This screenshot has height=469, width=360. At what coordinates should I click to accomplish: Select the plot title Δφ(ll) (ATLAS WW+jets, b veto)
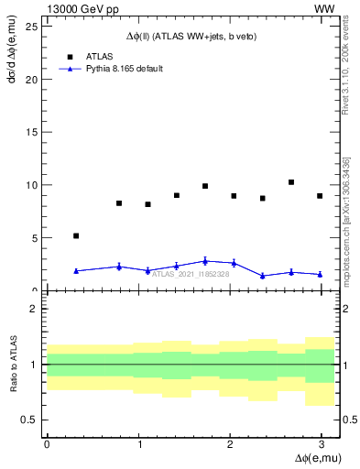click(191, 36)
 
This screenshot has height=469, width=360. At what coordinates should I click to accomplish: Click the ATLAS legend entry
click(98, 55)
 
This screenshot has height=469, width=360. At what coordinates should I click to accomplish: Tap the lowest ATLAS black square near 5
click(76, 235)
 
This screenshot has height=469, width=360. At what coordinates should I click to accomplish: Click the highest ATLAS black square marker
click(291, 182)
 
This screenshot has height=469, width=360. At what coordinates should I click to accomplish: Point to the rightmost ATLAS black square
click(320, 196)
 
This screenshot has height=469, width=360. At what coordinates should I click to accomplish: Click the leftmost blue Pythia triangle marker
click(76, 270)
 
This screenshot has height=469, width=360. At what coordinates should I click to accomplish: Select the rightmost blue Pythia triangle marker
click(320, 274)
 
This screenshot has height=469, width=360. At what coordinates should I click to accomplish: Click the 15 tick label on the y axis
click(31, 132)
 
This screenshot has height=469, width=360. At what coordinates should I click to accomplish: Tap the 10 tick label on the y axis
click(31, 185)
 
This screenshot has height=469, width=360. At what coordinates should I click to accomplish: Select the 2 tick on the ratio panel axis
click(34, 309)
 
